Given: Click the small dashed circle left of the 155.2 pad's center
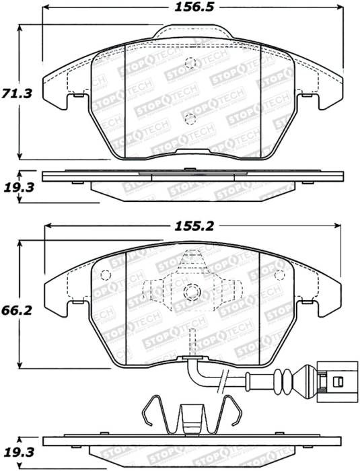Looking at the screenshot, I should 105,275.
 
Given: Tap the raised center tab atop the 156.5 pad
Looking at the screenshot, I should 190,32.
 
